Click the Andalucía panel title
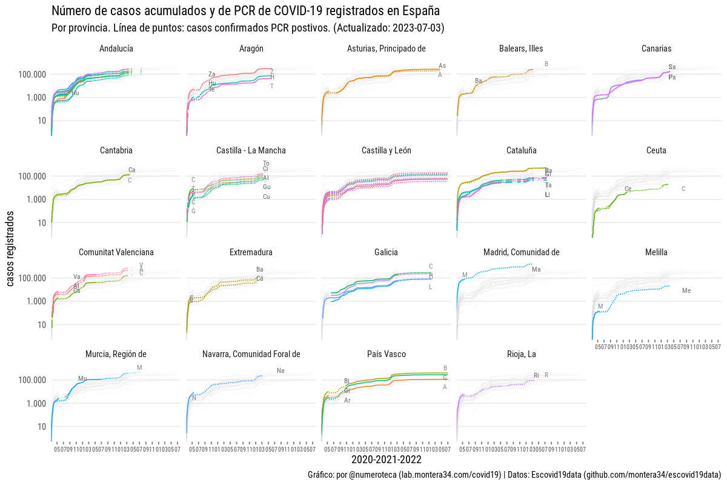116,48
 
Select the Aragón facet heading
251,48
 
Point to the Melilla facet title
657,252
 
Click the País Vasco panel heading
387,354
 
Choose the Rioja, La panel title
522,354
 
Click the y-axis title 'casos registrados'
11,249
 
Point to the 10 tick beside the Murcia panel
41,427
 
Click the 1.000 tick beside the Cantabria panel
33,199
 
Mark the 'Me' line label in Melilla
686,291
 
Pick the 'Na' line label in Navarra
281,371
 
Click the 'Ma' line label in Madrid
536,270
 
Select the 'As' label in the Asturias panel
442,66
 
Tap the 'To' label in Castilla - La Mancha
266,163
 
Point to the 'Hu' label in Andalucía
75,93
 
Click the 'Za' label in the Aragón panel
212,75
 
